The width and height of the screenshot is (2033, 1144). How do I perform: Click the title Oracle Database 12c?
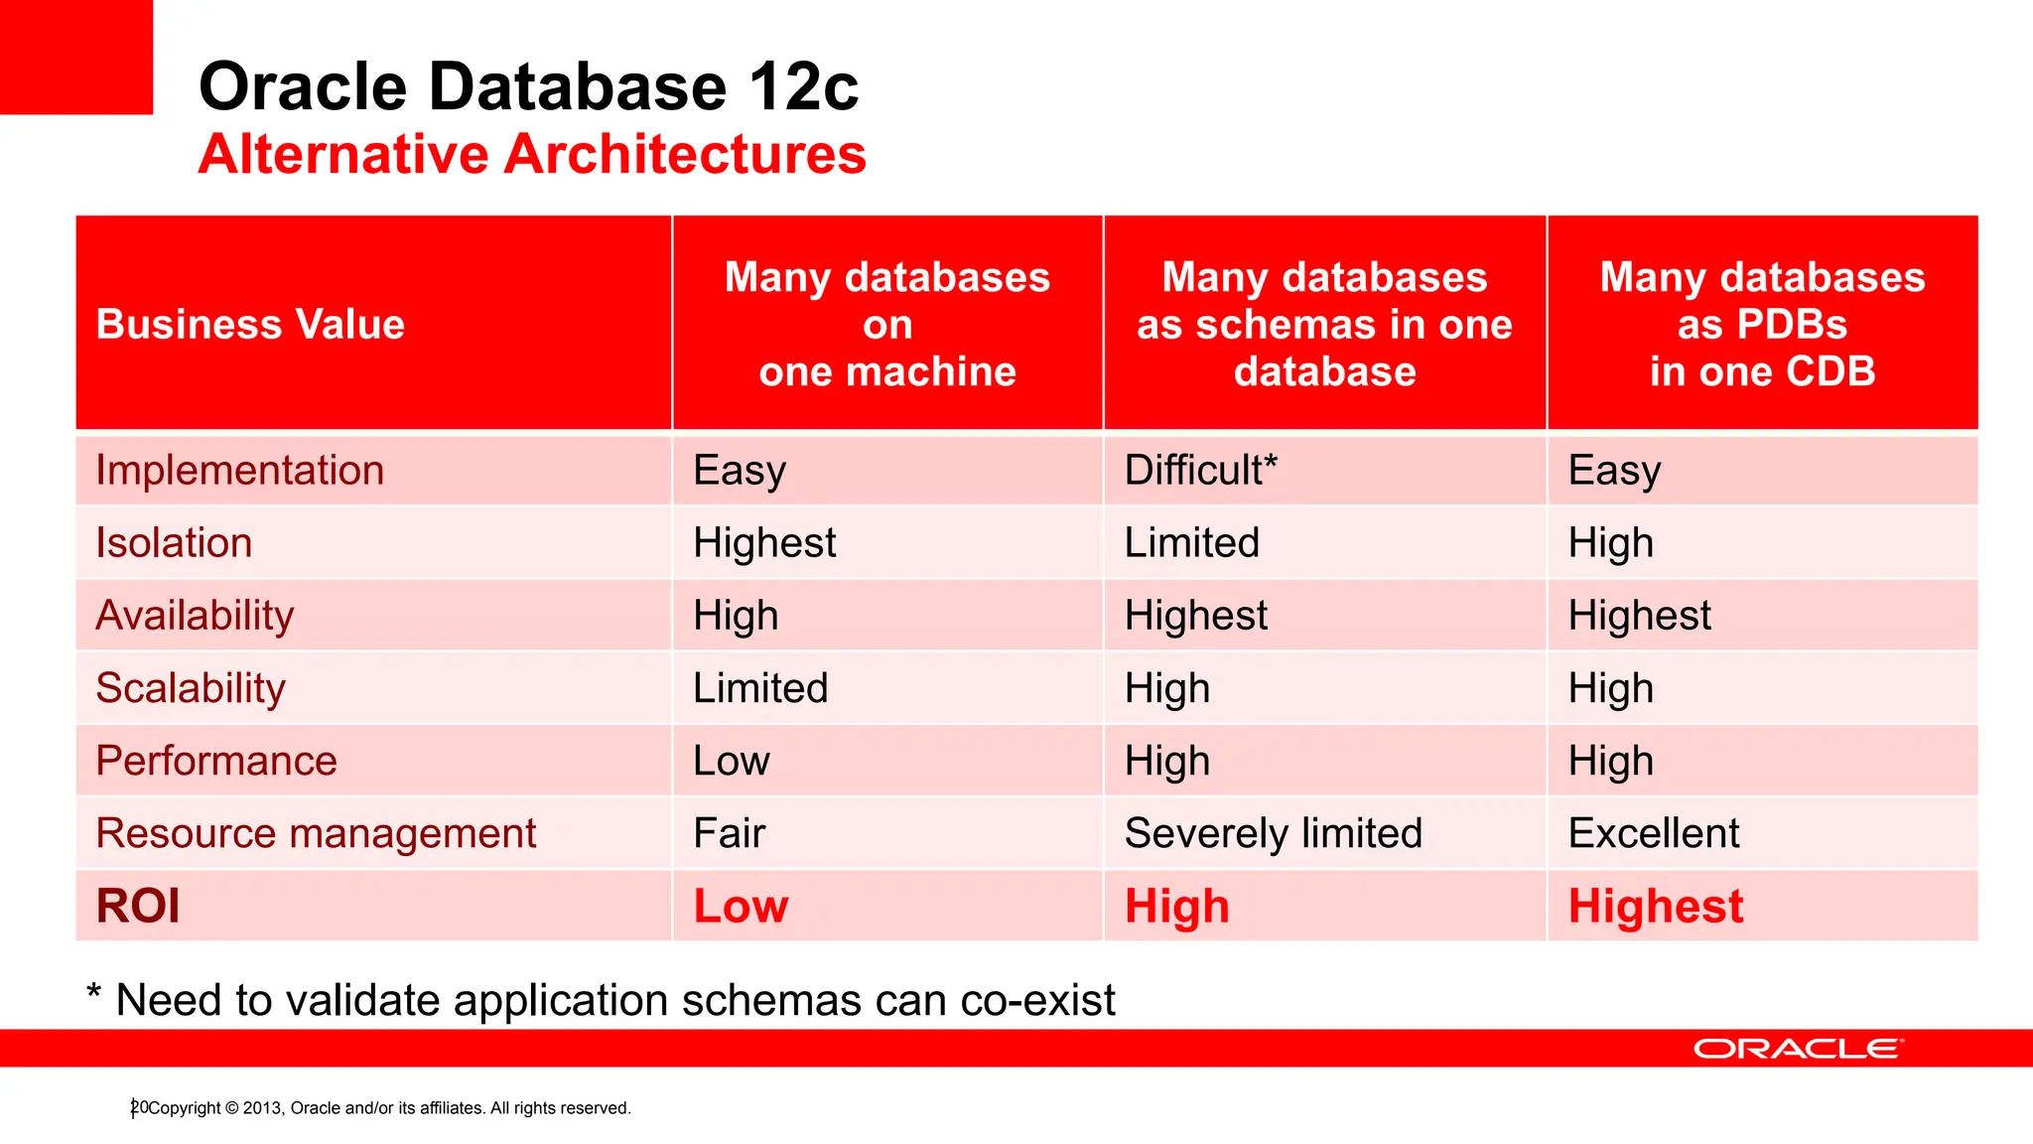point(528,86)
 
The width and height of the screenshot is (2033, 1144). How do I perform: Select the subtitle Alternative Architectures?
point(532,155)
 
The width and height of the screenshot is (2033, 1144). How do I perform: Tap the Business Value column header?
point(250,325)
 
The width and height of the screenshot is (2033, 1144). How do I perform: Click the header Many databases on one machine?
point(886,324)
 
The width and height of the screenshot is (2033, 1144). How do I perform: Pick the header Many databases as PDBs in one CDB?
point(1762,324)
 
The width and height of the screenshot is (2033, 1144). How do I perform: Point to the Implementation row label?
point(239,470)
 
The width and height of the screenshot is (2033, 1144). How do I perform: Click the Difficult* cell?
point(1200,470)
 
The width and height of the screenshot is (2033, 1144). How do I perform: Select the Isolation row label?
point(174,543)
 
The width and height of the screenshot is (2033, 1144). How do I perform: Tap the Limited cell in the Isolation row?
point(1191,543)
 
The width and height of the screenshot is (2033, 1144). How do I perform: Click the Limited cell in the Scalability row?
point(760,688)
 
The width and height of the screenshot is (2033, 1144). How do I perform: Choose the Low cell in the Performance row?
point(731,761)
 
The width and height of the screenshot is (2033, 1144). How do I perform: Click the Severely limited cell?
point(1273,833)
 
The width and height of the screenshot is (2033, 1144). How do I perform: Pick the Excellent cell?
point(1654,833)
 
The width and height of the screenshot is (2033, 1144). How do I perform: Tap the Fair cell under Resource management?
point(729,833)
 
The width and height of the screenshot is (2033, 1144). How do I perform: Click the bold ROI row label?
point(138,906)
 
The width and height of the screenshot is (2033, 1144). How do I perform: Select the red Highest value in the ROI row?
point(1655,906)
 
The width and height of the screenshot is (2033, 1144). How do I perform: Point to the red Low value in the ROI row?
point(741,906)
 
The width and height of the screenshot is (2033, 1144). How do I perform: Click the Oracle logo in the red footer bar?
point(1798,1049)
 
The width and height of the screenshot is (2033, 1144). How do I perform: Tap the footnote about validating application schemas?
point(602,1000)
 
